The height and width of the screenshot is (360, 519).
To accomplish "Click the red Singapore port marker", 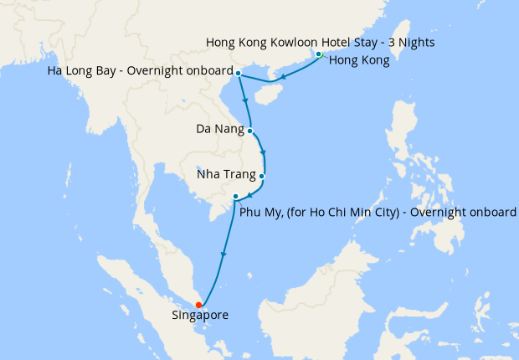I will click(198, 305).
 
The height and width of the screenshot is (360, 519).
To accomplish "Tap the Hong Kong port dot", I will click(319, 55).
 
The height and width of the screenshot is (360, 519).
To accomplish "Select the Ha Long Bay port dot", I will click(239, 74).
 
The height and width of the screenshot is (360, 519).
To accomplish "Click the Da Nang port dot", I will click(250, 131).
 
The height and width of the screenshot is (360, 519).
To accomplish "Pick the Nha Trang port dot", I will click(262, 177).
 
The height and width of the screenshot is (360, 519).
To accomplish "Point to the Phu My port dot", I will click(236, 197).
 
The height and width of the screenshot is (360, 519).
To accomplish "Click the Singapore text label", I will click(199, 316).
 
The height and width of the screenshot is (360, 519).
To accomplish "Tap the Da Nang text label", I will click(220, 130).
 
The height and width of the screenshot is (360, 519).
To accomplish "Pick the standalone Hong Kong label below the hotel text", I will click(359, 60).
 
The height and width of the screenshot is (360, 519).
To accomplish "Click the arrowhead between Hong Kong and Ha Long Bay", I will click(283, 78).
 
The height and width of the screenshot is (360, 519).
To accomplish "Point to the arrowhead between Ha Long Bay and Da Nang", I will click(245, 100).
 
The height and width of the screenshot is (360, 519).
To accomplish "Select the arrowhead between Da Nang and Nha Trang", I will click(265, 153).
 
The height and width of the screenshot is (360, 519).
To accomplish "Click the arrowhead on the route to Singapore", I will click(223, 255).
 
